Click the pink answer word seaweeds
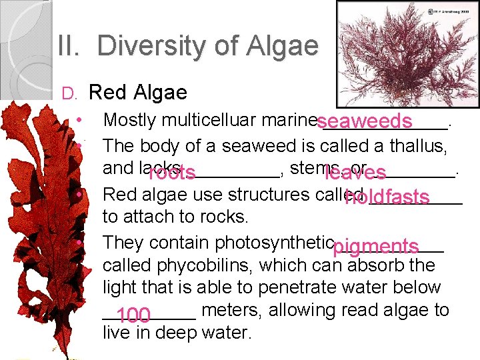364,122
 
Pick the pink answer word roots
171,174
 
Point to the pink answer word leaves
355,173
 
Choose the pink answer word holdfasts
387,197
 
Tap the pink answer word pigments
375,247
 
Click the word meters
231,310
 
